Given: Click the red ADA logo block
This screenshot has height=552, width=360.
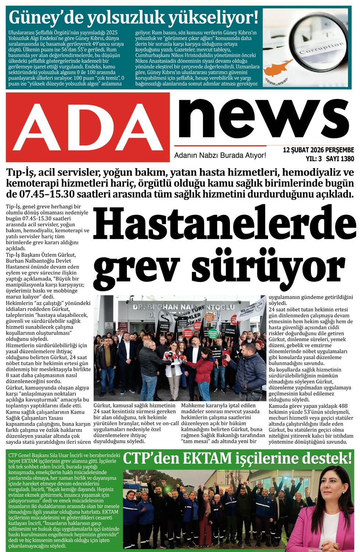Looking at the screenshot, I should click(x=88, y=127).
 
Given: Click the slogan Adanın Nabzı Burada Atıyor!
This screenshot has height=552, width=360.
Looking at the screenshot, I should click(x=220, y=155).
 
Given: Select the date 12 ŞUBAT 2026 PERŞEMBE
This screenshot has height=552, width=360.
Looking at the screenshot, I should click(x=318, y=150).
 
